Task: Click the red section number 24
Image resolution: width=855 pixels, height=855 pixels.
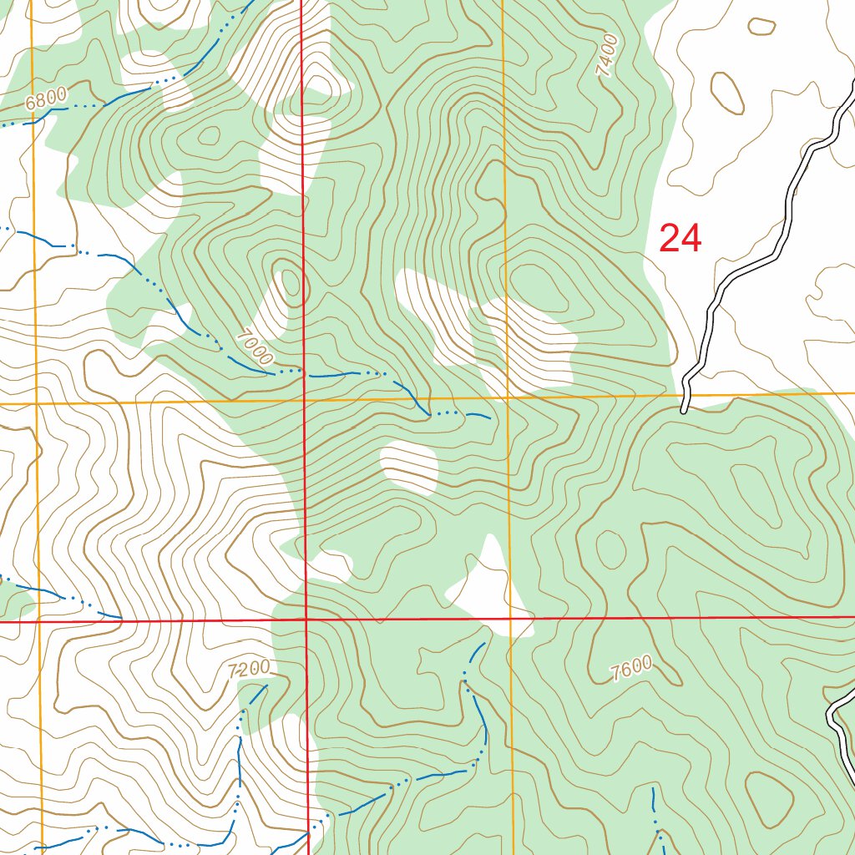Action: point(680,239)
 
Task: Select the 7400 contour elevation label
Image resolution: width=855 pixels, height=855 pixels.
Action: point(608,56)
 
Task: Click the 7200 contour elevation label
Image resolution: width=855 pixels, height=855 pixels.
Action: point(249,669)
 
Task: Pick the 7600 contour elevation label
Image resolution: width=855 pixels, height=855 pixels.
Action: point(630,669)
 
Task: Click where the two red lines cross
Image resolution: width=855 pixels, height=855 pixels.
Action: point(306,620)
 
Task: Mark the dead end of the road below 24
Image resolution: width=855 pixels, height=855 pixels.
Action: point(685,410)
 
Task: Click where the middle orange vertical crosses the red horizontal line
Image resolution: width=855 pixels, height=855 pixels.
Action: point(509,619)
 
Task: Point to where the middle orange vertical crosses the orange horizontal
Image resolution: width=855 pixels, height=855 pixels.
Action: point(507,397)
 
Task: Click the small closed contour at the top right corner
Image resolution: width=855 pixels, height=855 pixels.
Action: point(761,27)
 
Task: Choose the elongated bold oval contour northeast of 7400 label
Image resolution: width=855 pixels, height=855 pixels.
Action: point(726,93)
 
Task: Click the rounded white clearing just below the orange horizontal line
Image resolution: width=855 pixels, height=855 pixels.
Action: point(409,467)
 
